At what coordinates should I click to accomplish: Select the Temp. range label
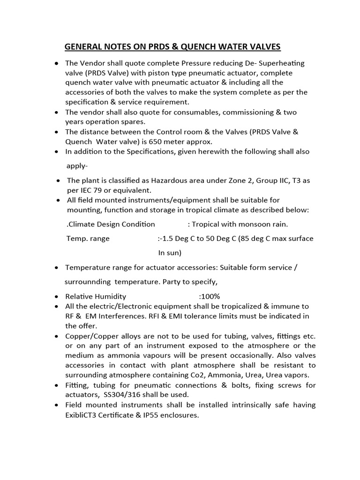(x=88, y=239)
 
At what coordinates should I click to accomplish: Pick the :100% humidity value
(x=209, y=296)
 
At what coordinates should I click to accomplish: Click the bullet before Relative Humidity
(x=56, y=297)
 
